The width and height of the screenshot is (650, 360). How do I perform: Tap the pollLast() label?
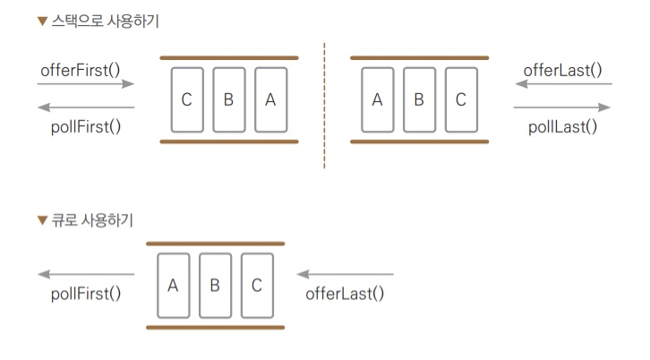point(562,126)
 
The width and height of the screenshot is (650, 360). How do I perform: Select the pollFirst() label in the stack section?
point(86,126)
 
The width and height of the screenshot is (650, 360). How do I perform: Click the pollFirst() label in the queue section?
point(86,293)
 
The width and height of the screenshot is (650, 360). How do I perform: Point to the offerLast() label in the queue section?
point(345,293)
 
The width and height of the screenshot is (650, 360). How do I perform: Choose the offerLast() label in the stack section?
point(562,69)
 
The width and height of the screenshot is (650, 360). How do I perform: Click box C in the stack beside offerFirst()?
point(186,99)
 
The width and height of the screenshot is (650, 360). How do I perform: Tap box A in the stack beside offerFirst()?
point(270,99)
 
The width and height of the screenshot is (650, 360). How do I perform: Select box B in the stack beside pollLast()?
point(418,99)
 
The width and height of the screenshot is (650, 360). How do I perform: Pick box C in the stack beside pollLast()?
point(460,99)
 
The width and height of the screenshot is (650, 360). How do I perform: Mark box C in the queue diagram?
point(256,286)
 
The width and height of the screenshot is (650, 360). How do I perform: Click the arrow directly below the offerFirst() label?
point(86,84)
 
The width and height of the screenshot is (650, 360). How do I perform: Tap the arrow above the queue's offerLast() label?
point(345,274)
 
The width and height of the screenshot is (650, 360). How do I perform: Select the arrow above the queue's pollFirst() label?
point(86,274)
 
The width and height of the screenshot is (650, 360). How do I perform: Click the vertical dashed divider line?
point(324,103)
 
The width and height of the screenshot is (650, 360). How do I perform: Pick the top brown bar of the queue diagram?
point(215,243)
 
